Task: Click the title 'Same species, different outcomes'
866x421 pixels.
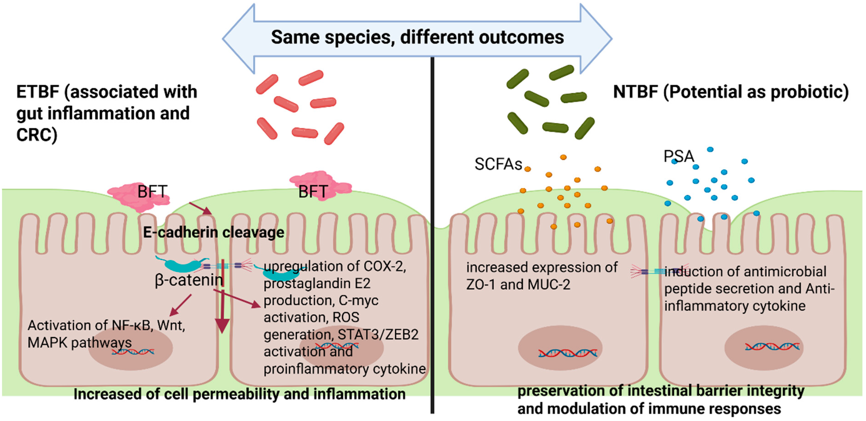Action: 417,37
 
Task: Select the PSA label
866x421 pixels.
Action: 678,156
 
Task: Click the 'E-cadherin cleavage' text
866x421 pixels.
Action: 213,232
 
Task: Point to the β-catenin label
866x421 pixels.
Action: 189,280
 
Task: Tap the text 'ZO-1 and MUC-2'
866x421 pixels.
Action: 518,285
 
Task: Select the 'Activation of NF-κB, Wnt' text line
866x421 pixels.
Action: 106,326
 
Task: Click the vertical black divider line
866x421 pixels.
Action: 432,235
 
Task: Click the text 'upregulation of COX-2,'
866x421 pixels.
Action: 335,266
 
